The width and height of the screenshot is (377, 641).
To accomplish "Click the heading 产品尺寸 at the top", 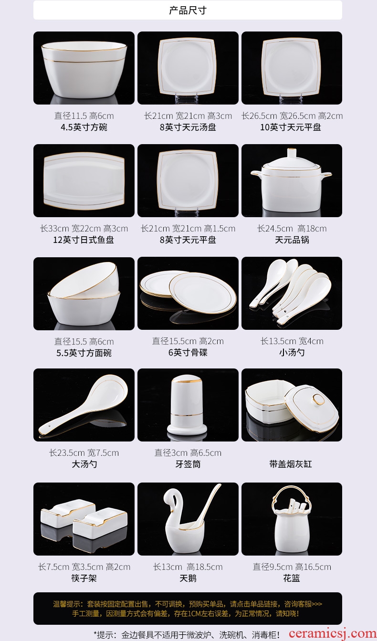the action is pos(188,11).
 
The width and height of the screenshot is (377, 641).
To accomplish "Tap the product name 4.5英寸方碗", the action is pos(84,127).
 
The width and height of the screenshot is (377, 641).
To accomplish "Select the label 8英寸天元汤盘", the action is pos(188,127).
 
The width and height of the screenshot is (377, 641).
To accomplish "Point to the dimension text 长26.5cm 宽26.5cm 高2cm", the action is pos(292,116).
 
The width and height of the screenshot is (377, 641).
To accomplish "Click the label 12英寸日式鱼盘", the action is pos(84,240).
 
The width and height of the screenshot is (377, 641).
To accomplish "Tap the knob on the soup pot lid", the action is pos(292,154).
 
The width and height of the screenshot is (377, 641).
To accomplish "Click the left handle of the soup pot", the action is pos(257,173).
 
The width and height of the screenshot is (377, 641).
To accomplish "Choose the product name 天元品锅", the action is pos(292,240).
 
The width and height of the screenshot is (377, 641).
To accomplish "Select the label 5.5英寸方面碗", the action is pos(84,353).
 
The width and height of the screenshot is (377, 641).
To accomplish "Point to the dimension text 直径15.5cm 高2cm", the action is pos(188,341).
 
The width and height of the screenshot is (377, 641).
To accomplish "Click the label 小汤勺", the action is pos(292,352).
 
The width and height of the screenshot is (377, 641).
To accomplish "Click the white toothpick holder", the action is pos(187,406).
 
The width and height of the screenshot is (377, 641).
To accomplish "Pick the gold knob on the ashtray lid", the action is pos(318,399).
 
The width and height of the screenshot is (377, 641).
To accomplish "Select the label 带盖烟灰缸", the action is pos(291,464).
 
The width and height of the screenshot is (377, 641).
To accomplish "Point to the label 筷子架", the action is pos(84,578).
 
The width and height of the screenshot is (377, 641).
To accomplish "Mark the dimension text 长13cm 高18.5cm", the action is pos(188,567).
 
